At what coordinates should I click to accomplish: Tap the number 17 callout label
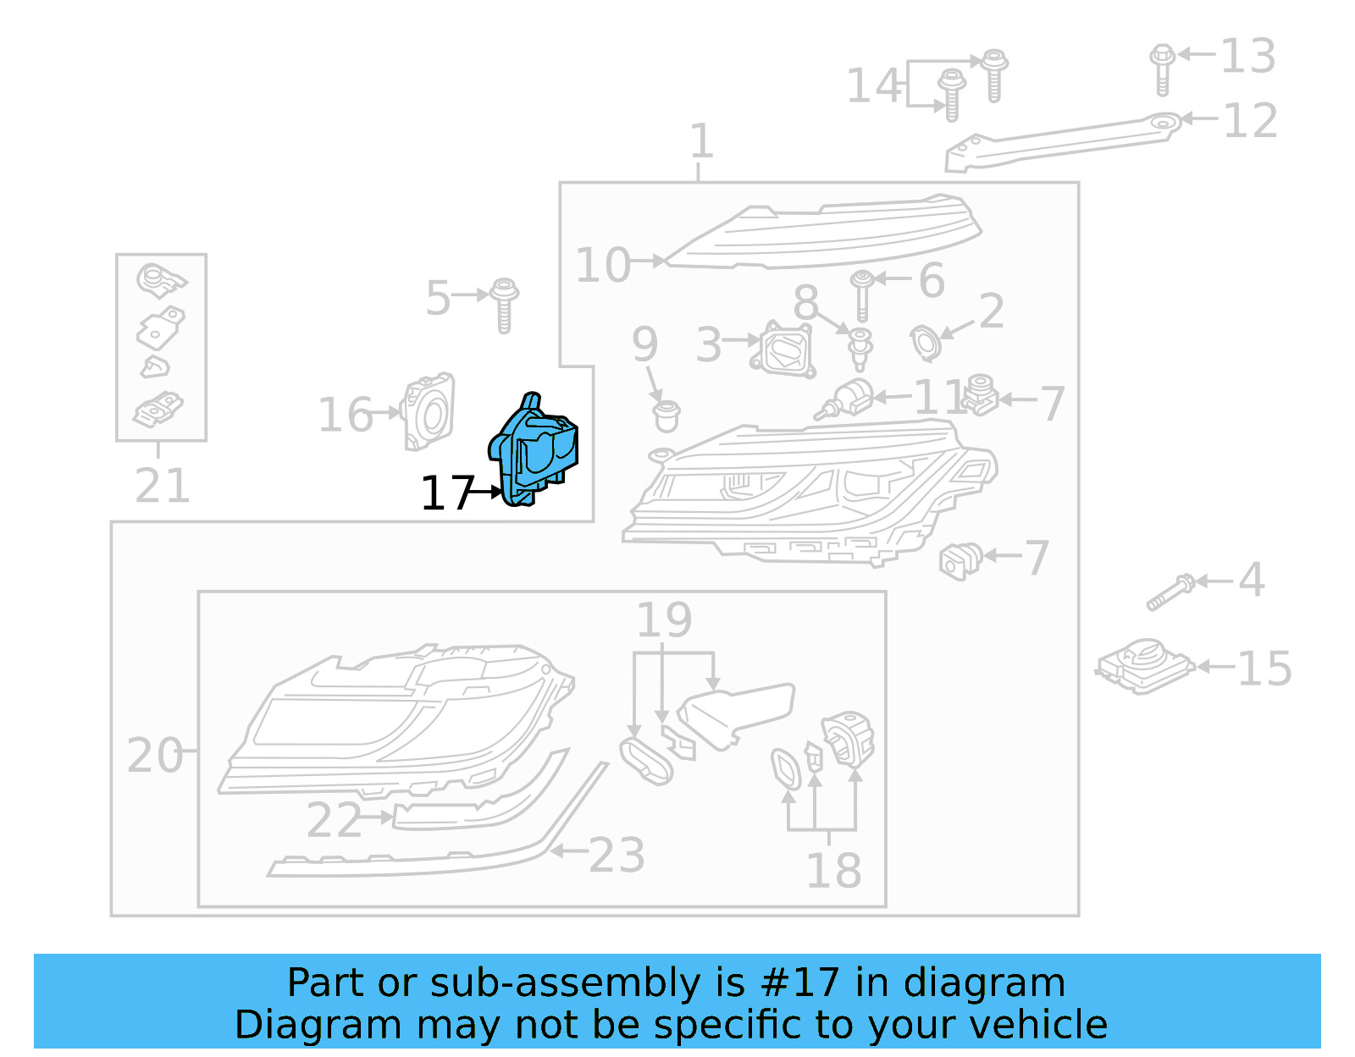(x=446, y=493)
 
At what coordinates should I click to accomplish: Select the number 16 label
(x=345, y=416)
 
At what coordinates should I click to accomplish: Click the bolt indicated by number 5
(x=505, y=304)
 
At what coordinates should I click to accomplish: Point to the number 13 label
(x=1247, y=57)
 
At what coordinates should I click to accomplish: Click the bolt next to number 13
(x=1162, y=68)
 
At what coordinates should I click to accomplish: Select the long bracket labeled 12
(x=1059, y=142)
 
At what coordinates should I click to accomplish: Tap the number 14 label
(x=873, y=86)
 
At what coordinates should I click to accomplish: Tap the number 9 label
(x=644, y=344)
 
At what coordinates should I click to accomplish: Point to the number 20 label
(x=154, y=755)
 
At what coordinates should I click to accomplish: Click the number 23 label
(x=617, y=856)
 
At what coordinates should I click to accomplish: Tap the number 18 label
(x=833, y=871)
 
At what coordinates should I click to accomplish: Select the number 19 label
(x=664, y=620)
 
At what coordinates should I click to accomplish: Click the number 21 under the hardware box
(x=162, y=486)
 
